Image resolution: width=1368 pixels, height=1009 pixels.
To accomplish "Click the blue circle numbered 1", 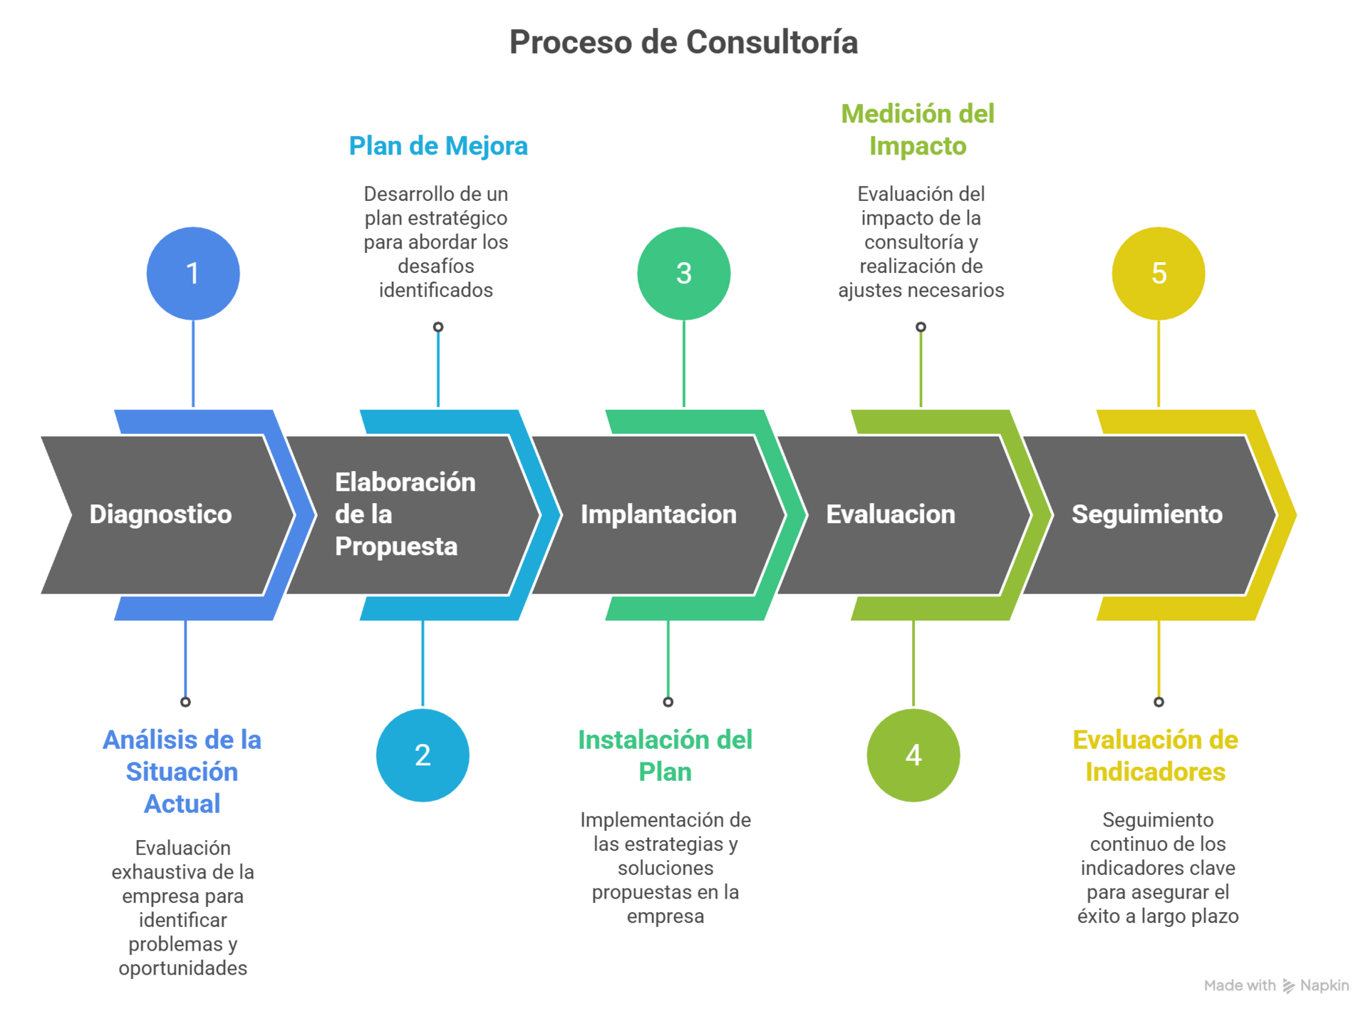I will click(x=193, y=274).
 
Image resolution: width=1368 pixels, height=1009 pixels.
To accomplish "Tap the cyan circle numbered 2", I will click(x=423, y=755).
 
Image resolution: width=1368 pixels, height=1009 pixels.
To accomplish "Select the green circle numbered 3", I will click(x=683, y=274).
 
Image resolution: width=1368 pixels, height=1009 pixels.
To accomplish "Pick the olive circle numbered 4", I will click(x=913, y=755).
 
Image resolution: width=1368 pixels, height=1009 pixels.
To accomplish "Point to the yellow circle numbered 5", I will click(x=1159, y=274).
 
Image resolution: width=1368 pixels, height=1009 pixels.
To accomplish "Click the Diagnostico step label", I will click(x=160, y=514).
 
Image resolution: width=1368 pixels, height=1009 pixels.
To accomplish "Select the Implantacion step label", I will click(x=658, y=514).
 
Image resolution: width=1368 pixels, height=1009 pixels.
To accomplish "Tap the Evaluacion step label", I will click(x=891, y=514).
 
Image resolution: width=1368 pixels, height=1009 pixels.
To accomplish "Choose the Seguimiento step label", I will click(x=1147, y=514).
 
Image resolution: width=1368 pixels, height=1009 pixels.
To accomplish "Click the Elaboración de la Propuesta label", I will click(x=405, y=514).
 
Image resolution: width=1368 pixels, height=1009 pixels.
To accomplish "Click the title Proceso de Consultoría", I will click(x=683, y=42).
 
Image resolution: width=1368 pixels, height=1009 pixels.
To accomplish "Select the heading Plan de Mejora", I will click(x=439, y=146).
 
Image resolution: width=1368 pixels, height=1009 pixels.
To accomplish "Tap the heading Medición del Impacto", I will click(x=918, y=130).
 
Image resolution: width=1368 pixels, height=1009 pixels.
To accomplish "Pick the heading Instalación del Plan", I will click(x=665, y=756).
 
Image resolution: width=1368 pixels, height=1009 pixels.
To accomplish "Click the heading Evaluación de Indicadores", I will click(x=1156, y=756).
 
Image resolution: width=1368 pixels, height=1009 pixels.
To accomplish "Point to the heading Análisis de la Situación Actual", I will click(x=182, y=772).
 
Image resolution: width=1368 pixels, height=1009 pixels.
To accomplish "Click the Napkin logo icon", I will click(x=1289, y=985).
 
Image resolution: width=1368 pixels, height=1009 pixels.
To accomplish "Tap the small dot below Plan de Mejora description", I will click(x=438, y=327).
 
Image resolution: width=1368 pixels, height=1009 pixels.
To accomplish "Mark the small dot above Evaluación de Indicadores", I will click(x=1159, y=702).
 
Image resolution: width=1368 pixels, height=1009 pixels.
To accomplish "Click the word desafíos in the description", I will click(x=436, y=267).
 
